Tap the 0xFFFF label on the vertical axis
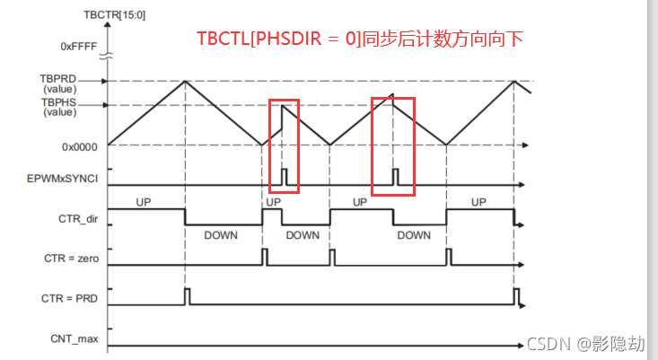[79, 45]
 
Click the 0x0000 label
[81, 144]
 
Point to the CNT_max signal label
[77, 338]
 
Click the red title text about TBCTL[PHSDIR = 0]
[360, 39]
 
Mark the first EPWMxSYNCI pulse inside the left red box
[284, 176]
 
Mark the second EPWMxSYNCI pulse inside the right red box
[394, 176]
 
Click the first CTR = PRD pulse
[186, 296]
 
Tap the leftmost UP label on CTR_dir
[145, 201]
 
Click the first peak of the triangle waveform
[186, 82]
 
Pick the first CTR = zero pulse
[264, 257]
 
